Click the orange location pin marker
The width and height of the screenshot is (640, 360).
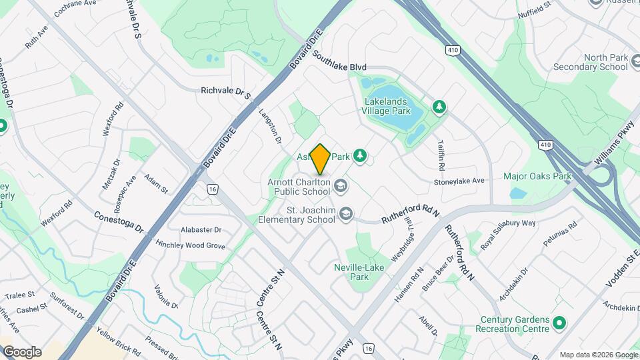pos(321,159)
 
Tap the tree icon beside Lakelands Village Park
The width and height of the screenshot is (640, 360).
pos(439,107)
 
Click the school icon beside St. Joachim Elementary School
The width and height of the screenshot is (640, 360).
pos(345,214)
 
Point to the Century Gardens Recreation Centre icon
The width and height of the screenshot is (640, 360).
pos(559,324)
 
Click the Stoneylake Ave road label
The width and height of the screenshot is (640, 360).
pos(459,181)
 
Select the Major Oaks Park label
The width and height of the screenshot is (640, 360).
pos(538,177)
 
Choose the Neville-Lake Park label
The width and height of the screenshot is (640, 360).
pos(359,272)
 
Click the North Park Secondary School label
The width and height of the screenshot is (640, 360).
pos(591,62)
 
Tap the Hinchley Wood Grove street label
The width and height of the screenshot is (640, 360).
pos(190,245)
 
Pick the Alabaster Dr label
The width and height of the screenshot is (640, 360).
pos(198,229)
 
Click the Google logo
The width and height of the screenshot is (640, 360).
pos(22,352)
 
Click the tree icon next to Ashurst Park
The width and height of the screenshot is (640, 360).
pos(360,156)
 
